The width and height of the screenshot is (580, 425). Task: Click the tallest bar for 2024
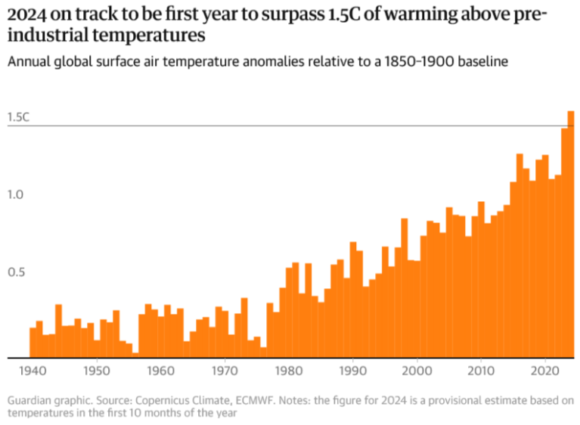tap(571, 234)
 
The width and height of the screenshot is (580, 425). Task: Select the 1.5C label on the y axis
tap(18, 117)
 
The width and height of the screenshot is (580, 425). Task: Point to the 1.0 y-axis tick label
tap(17, 194)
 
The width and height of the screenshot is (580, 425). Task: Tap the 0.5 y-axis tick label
tap(17, 272)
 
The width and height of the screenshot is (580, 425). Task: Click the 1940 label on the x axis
tap(31, 371)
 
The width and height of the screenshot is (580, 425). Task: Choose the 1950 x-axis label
tap(95, 371)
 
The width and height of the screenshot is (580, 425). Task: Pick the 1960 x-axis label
tap(160, 371)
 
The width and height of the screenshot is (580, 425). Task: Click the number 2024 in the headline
tap(26, 15)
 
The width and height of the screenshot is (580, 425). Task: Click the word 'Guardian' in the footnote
tap(29, 400)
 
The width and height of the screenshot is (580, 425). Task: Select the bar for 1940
tap(33, 343)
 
